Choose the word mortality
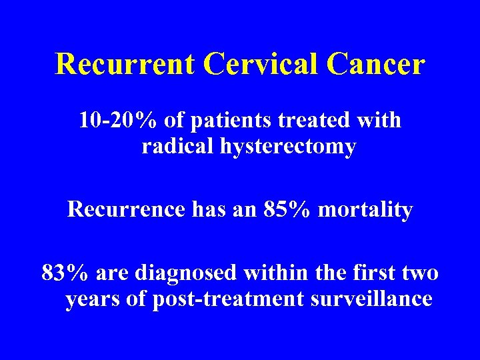(x=366, y=211)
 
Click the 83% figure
(x=66, y=273)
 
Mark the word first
(x=366, y=273)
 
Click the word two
(x=420, y=273)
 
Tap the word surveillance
(x=371, y=299)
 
